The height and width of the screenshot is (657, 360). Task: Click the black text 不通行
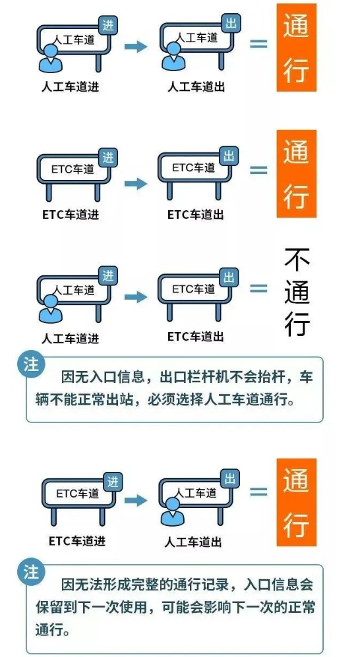click(297, 293)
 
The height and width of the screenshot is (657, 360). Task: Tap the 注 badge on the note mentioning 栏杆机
click(31, 365)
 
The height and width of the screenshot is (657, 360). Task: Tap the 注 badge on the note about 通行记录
click(31, 573)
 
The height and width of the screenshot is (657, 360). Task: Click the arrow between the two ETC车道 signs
click(136, 183)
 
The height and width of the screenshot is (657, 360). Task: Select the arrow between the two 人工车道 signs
click(136, 47)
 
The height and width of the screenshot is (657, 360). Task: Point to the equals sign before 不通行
click(258, 288)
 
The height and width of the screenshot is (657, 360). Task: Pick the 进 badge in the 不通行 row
click(107, 275)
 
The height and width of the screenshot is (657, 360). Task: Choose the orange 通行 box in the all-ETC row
click(296, 173)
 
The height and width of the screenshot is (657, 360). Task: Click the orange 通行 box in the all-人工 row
click(296, 47)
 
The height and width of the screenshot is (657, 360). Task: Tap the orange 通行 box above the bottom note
click(296, 502)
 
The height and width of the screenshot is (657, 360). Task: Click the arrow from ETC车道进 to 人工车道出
click(136, 500)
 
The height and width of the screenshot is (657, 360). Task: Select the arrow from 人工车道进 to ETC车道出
click(136, 297)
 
